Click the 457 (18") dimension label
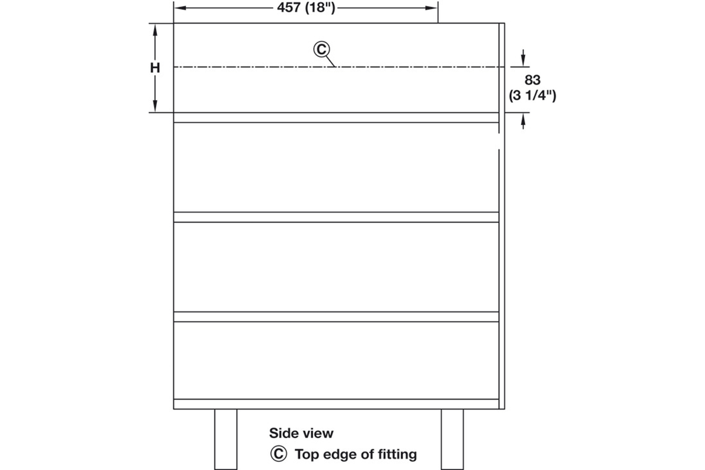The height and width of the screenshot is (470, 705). tap(306, 8)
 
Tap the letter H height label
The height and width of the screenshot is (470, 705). tap(155, 68)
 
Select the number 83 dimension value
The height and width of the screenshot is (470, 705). tap(532, 80)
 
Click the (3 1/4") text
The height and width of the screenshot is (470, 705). tap(532, 95)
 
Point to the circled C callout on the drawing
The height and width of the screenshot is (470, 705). tap(321, 49)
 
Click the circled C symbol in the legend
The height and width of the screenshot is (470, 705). tap(278, 454)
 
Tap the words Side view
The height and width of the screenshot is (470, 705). tap(301, 433)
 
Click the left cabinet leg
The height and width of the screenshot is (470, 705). tap(226, 439)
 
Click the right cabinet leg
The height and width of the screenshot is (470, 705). tap(452, 439)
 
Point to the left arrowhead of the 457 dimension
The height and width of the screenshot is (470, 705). tap(180, 8)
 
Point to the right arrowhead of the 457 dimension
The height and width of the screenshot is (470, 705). tap(431, 8)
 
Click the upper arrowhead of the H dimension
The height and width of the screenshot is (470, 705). tap(155, 30)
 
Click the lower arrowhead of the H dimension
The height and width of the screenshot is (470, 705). tap(155, 106)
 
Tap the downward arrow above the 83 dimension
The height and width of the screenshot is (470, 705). tap(523, 58)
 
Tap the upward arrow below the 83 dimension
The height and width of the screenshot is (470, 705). tap(523, 121)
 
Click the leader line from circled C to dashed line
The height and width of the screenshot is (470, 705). tap(330, 61)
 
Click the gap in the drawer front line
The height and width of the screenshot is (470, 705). tap(499, 142)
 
